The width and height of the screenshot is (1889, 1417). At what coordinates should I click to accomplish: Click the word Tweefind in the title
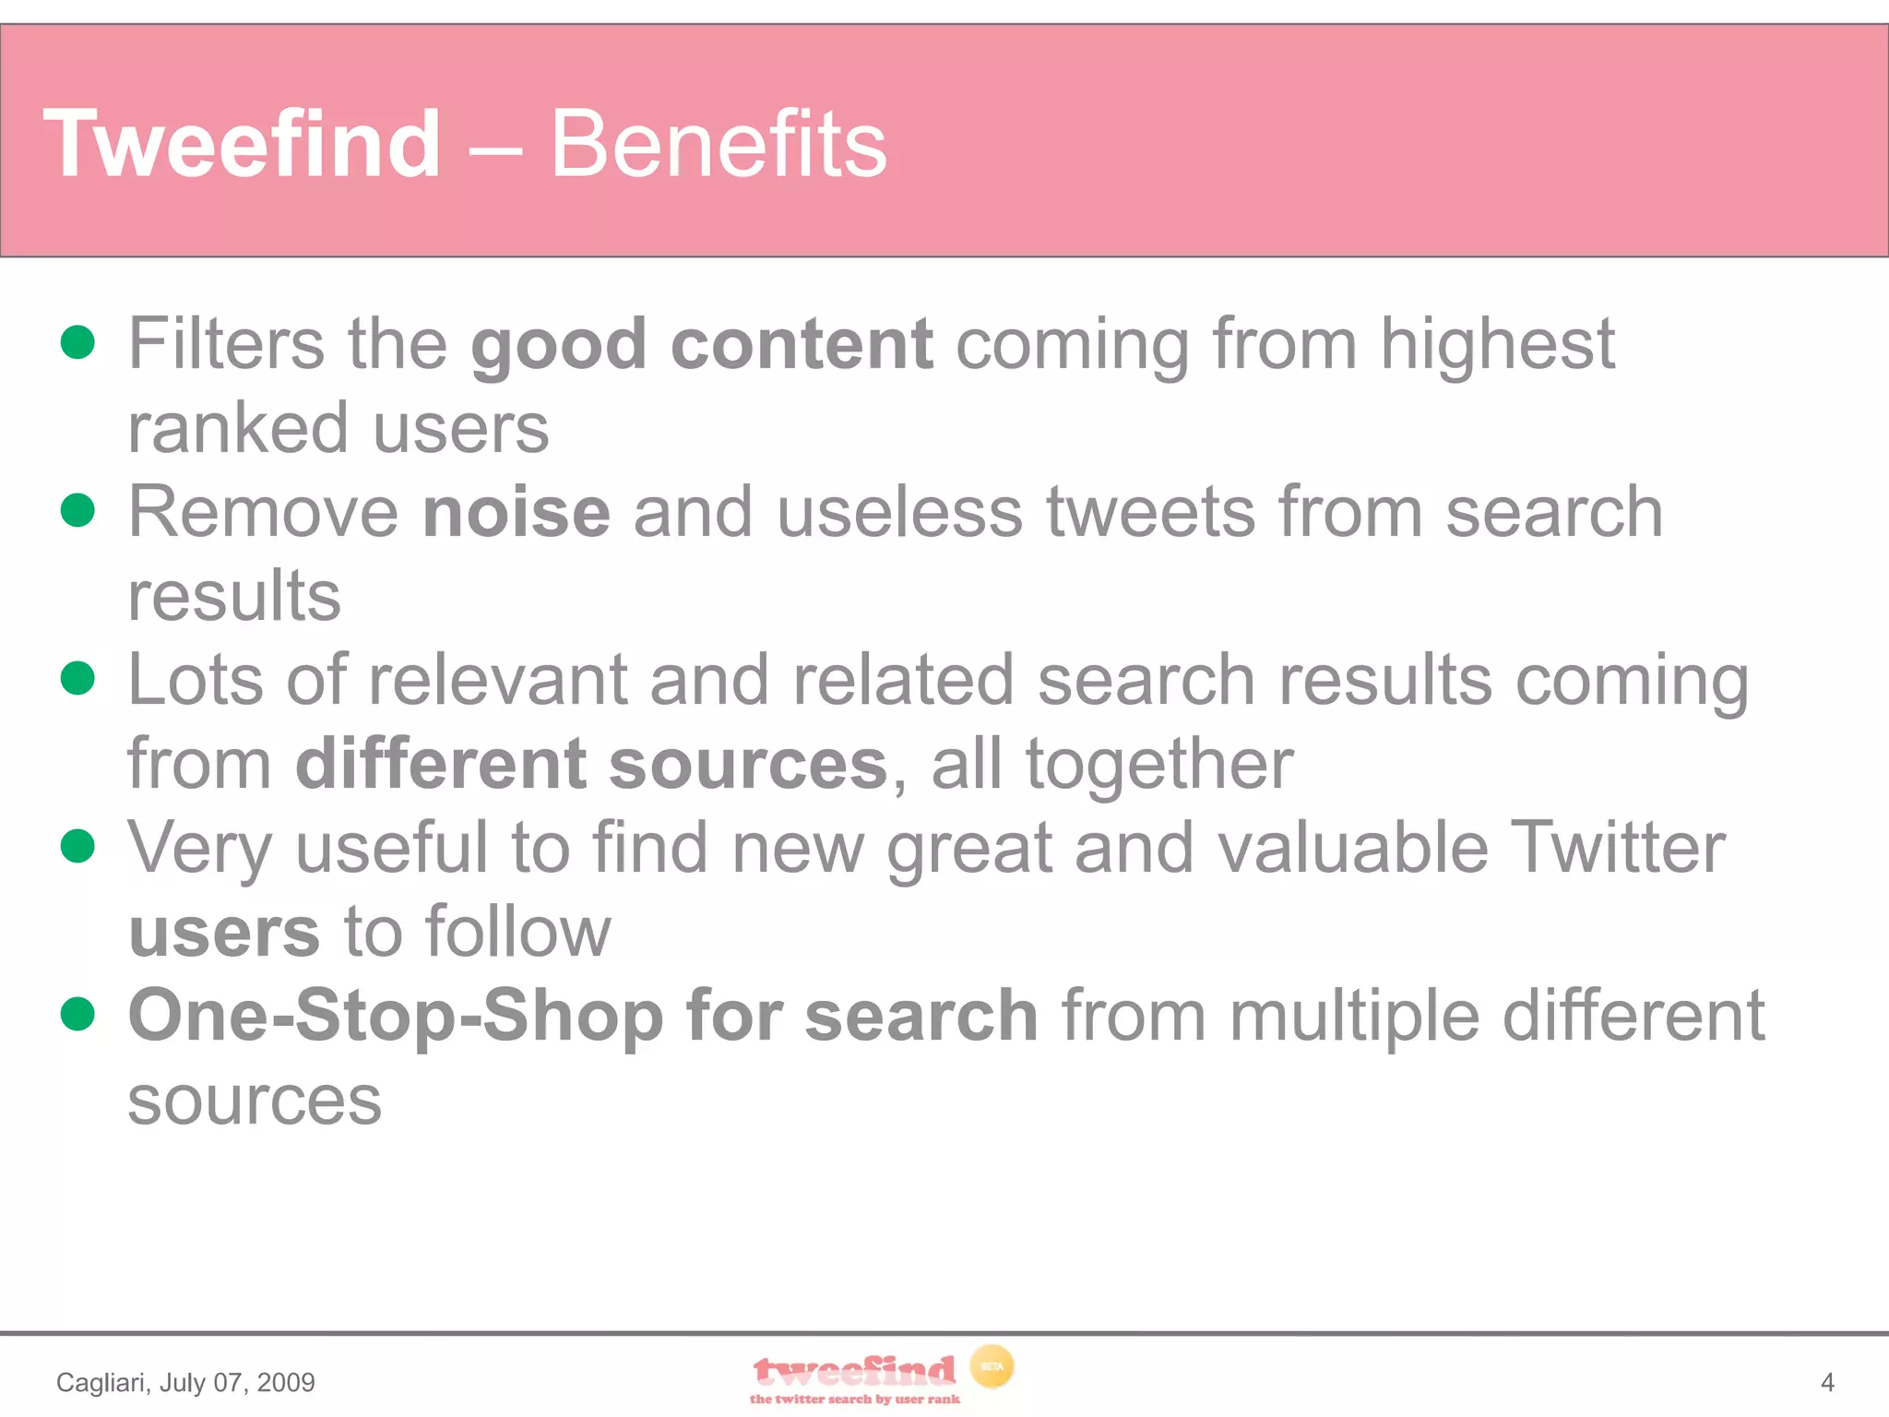(243, 144)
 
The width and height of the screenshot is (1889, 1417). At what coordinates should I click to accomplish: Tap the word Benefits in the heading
(718, 144)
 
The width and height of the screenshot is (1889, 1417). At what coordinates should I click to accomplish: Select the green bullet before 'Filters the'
(77, 341)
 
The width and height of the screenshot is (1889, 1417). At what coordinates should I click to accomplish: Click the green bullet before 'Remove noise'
(77, 509)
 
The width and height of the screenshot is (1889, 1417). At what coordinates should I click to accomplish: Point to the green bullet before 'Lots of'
(77, 678)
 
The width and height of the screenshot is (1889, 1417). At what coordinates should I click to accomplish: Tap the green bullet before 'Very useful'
(77, 845)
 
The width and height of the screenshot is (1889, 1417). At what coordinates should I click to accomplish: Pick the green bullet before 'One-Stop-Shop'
(77, 1013)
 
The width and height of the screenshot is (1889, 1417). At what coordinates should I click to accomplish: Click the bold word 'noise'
(517, 512)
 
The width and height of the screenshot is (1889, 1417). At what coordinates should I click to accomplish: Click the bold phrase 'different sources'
(590, 764)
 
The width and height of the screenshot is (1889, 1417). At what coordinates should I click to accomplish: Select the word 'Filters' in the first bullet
(226, 343)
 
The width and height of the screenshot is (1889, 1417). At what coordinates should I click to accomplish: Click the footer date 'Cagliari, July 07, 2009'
(185, 1382)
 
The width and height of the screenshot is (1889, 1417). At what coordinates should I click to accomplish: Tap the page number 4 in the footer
(1827, 1382)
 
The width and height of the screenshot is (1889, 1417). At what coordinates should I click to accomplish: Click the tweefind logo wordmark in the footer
(854, 1372)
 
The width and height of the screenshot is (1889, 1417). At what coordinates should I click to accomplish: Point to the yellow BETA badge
(992, 1366)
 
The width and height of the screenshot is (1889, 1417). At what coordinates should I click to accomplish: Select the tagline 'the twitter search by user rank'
(854, 1399)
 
